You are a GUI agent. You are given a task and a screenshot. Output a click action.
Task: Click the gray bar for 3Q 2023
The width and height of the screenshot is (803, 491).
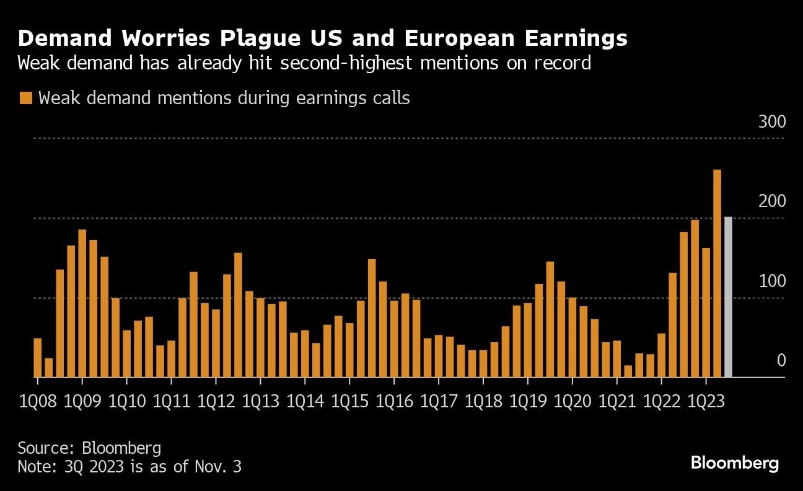click(728, 297)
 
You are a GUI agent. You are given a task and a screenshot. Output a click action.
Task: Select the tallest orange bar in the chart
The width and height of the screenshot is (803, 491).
click(717, 273)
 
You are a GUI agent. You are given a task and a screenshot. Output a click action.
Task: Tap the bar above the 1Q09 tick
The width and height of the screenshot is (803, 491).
click(82, 303)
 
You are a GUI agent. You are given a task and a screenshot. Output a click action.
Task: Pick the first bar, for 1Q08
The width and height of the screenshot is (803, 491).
click(38, 357)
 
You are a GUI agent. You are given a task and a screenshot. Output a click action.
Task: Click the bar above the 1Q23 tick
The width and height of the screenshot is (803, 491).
click(706, 312)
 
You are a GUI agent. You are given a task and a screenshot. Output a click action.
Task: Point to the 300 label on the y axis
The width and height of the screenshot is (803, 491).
click(772, 122)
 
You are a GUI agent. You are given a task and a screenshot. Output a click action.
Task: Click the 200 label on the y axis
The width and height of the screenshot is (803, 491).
click(772, 201)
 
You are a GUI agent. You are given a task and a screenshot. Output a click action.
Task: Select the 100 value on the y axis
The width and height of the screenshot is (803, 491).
click(772, 281)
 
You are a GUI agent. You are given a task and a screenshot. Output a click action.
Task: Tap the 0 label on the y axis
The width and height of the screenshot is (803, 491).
click(781, 361)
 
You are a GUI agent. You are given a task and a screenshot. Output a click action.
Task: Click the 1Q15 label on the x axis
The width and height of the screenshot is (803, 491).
click(350, 401)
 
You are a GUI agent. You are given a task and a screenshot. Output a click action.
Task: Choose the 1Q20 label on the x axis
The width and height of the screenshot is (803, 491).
click(573, 401)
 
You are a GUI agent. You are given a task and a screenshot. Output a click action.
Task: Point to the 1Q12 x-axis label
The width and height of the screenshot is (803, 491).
click(216, 401)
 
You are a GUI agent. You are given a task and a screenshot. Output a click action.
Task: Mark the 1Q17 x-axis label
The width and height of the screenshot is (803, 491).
click(439, 401)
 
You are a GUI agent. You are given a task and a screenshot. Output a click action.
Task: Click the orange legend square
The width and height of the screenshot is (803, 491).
click(25, 98)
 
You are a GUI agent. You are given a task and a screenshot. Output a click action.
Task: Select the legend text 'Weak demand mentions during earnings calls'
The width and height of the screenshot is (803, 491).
click(224, 98)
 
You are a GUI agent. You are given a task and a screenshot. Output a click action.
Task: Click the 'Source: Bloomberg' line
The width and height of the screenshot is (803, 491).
click(89, 448)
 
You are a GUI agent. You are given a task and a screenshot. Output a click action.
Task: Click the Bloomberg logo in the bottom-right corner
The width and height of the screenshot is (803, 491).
click(734, 462)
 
